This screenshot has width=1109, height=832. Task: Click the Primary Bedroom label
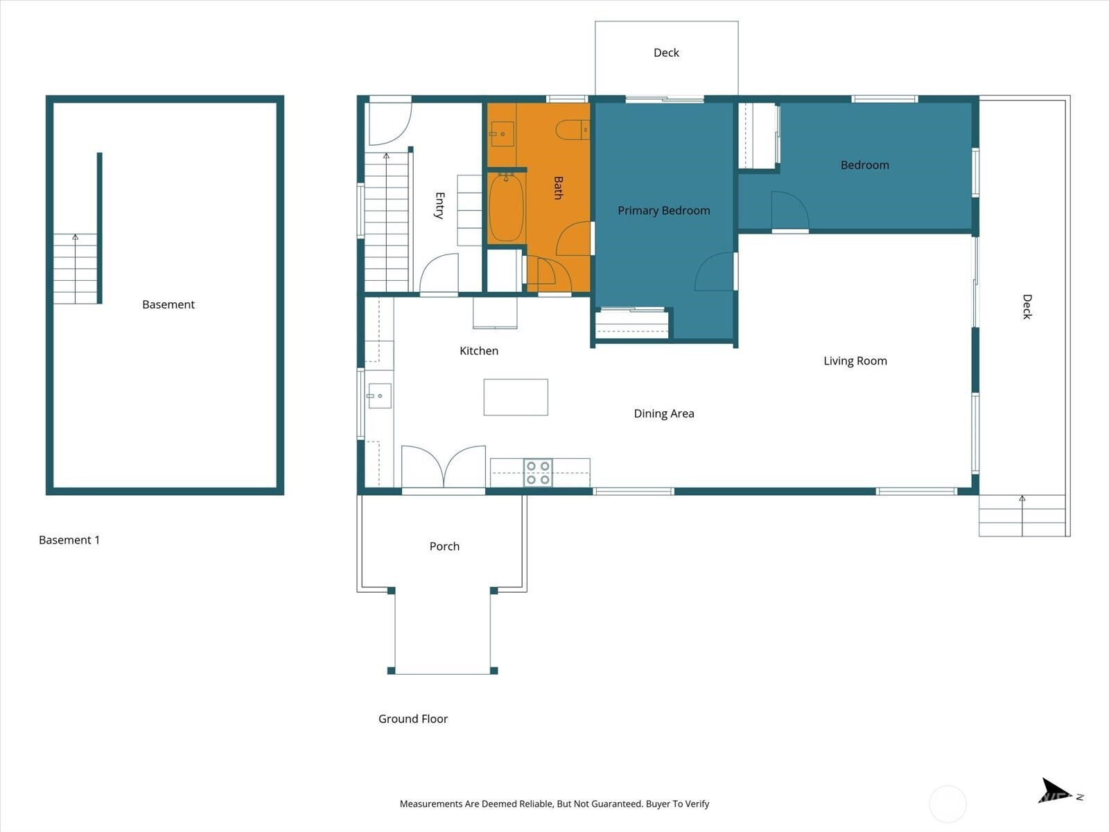pyautogui.click(x=664, y=211)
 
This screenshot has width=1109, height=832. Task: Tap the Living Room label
pyautogui.click(x=855, y=361)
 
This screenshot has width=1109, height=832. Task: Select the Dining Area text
pyautogui.click(x=664, y=414)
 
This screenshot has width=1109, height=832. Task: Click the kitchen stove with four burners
pyautogui.click(x=538, y=472)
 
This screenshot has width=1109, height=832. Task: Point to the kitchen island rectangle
pyautogui.click(x=516, y=397)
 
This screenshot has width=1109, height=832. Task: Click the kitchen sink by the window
pyautogui.click(x=379, y=395)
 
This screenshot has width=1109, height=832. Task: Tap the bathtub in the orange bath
pyautogui.click(x=506, y=207)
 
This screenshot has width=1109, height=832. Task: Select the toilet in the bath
pyautogui.click(x=573, y=130)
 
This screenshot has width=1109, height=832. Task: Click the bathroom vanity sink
pyautogui.click(x=503, y=134)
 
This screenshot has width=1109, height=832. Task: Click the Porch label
pyautogui.click(x=444, y=546)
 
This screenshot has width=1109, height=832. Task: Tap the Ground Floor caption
pyautogui.click(x=413, y=719)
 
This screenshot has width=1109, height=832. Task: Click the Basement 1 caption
pyautogui.click(x=69, y=540)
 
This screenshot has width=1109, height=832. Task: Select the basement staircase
pyautogui.click(x=76, y=268)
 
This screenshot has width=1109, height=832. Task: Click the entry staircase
pyautogui.click(x=387, y=222)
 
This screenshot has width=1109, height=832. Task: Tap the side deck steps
pyautogui.click(x=1022, y=515)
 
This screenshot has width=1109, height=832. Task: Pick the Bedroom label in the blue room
pyautogui.click(x=865, y=165)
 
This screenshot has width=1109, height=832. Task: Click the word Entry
pyautogui.click(x=439, y=205)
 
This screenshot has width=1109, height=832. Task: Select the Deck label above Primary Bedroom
pyautogui.click(x=666, y=53)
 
